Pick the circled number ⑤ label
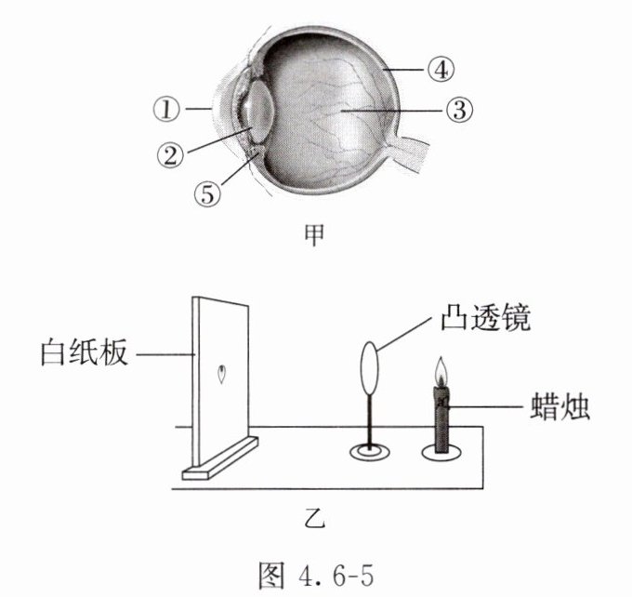click(x=207, y=193)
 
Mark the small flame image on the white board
click(x=221, y=376)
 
